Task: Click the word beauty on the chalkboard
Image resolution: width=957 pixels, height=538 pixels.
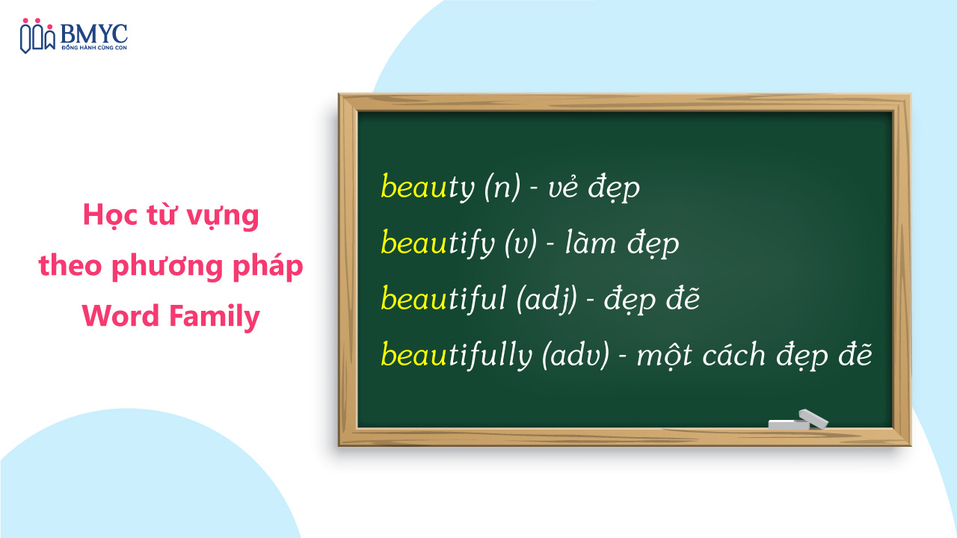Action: tap(427, 188)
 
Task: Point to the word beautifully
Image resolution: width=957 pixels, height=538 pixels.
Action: tap(455, 354)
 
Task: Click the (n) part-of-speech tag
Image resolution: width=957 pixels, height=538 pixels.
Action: tap(502, 188)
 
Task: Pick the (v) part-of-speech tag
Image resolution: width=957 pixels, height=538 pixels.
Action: tap(521, 244)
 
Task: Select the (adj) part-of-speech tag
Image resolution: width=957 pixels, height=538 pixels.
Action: tap(547, 299)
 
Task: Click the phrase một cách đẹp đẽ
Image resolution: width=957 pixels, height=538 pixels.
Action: tap(754, 354)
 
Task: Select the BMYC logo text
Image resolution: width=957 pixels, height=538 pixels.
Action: tap(94, 32)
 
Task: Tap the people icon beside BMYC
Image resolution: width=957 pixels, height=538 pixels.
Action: tap(37, 36)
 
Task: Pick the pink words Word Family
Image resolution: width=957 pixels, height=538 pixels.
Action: tap(171, 316)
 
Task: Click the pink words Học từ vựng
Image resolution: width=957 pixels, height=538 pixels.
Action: tap(171, 216)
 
